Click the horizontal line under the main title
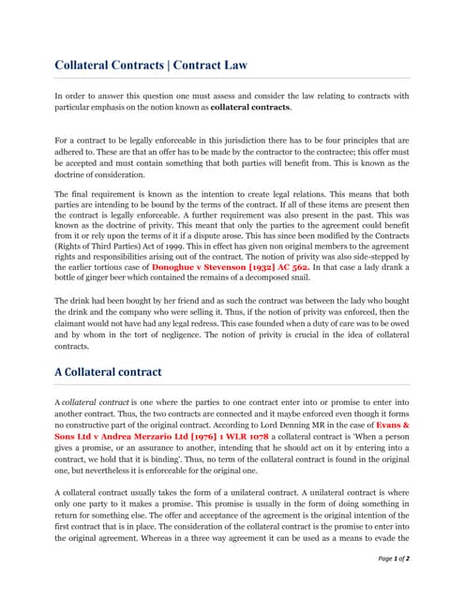tap(232, 78)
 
